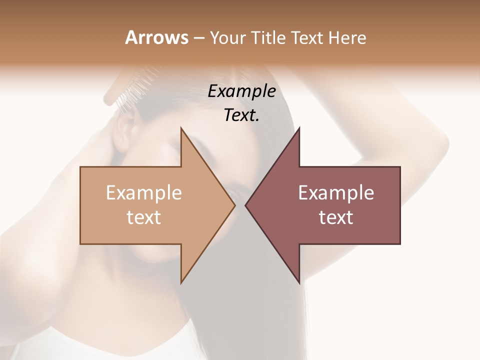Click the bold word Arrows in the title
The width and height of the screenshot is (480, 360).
[156, 38]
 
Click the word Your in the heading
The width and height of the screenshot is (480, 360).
[226, 38]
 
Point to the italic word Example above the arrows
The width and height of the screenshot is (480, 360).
[241, 91]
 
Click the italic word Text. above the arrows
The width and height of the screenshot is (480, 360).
[241, 115]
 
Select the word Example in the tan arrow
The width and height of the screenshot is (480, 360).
[143, 192]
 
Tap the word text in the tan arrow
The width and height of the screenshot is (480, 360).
[143, 217]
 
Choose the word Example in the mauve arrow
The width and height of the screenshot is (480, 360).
[336, 192]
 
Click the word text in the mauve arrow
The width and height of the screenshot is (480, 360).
[336, 217]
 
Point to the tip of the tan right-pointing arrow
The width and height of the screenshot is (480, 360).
[234, 205]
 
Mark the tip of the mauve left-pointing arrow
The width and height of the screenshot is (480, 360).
[245, 205]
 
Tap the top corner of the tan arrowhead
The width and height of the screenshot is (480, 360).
[181, 128]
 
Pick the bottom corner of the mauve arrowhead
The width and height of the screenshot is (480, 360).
[299, 282]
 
